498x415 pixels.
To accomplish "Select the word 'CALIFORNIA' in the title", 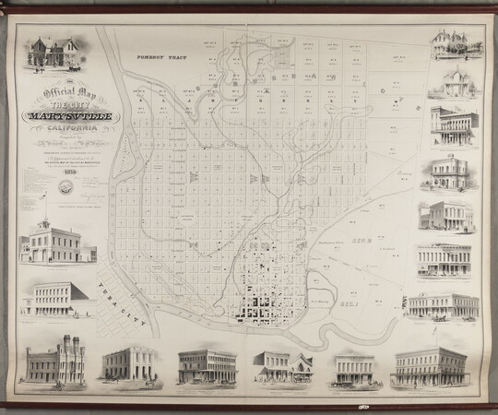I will coord(61,132).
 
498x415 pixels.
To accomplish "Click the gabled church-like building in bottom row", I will coord(284,366).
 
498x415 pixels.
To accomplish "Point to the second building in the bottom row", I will coord(127,365).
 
